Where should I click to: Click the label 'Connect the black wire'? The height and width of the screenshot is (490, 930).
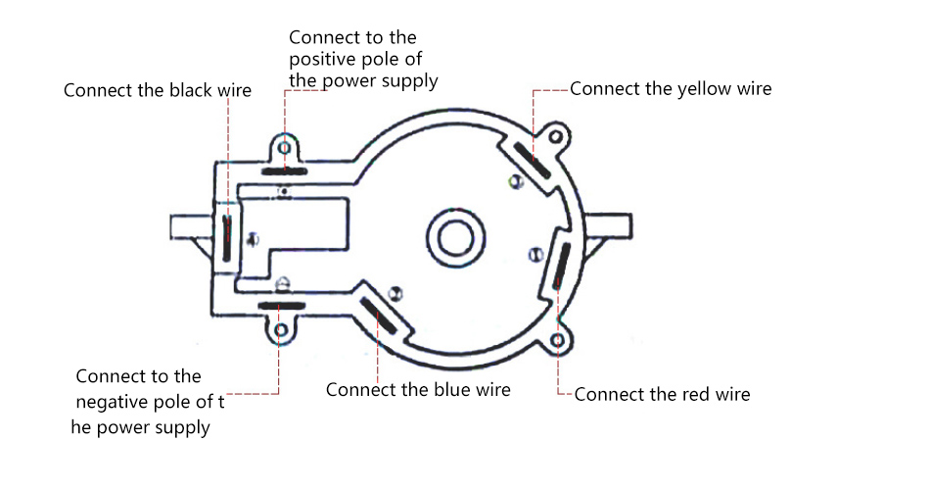point(158,91)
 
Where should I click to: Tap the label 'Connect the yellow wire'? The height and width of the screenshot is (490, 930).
point(671,89)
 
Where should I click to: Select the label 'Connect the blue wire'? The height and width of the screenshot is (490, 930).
point(418,389)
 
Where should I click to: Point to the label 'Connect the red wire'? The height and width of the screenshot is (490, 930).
point(662,395)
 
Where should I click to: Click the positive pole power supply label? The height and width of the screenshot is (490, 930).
point(363,59)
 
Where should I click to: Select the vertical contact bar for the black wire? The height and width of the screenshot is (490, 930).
point(226,237)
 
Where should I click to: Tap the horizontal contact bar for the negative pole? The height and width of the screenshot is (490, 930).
point(282,307)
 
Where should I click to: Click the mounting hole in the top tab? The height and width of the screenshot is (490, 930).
point(284,146)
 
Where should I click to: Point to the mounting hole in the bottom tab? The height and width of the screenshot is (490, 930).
point(282,330)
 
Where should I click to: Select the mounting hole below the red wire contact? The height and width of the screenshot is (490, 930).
point(557,339)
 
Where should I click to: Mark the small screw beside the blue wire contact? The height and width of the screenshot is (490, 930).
point(395,293)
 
